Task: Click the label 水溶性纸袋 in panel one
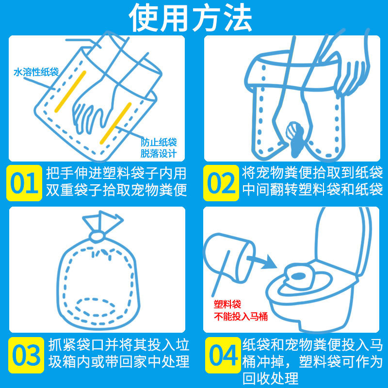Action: pos(36,72)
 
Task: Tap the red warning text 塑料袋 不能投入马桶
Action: pos(241,310)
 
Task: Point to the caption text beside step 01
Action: pos(116,181)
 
